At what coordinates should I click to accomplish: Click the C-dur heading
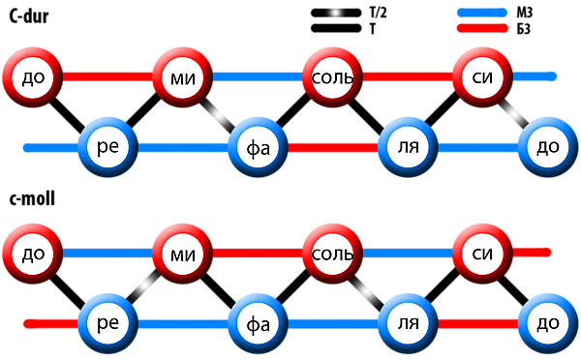click(x=29, y=17)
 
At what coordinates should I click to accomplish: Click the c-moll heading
click(x=32, y=199)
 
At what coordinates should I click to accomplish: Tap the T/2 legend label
click(x=378, y=13)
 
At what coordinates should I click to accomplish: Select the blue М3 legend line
click(x=482, y=13)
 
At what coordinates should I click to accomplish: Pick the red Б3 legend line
click(x=482, y=28)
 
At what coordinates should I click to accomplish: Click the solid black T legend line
click(x=336, y=28)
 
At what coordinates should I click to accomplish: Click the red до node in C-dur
click(x=33, y=77)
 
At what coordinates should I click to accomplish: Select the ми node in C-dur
click(x=183, y=77)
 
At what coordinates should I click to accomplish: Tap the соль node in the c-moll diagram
click(x=332, y=254)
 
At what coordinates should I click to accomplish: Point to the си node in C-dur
click(x=482, y=77)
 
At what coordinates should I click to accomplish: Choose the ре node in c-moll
click(x=107, y=323)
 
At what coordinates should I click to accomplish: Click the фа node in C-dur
click(x=258, y=147)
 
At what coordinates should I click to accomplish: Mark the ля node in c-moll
click(x=408, y=323)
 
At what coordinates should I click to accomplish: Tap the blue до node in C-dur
click(x=548, y=147)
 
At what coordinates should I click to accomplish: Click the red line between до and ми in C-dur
click(x=107, y=77)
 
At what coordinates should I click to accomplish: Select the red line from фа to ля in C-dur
click(x=333, y=147)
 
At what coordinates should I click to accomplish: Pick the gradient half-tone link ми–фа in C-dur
click(x=220, y=113)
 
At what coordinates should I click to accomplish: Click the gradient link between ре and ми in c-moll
click(x=145, y=287)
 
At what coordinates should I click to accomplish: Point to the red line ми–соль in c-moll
click(x=258, y=254)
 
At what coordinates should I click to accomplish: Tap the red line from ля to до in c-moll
click(x=478, y=323)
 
